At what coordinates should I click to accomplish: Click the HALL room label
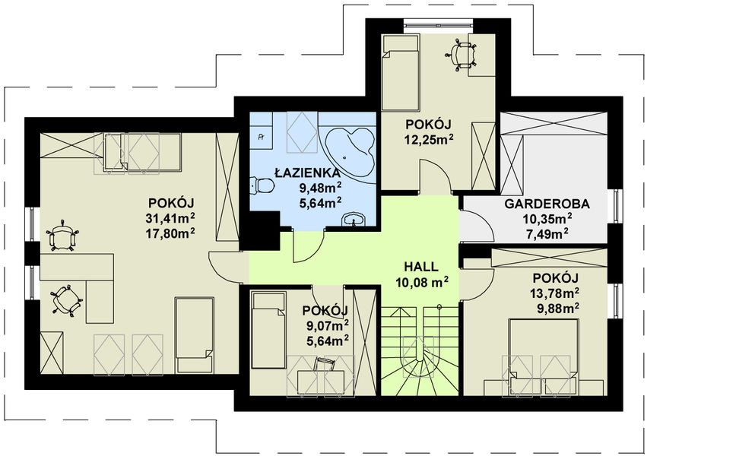click(x=421, y=267)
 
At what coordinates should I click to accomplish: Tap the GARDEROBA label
click(x=547, y=204)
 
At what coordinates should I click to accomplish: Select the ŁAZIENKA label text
click(x=307, y=173)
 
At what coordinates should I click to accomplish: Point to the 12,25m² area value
click(x=429, y=139)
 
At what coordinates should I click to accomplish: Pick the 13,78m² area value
click(x=554, y=293)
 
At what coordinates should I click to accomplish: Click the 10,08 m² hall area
click(x=421, y=281)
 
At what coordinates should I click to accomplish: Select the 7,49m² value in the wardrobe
click(x=547, y=233)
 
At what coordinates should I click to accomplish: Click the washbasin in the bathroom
click(x=353, y=220)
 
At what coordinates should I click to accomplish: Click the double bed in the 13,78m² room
click(x=544, y=356)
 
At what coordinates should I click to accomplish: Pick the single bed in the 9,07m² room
click(x=268, y=331)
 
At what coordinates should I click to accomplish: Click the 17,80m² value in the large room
click(x=171, y=233)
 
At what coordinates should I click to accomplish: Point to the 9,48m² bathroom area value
click(x=321, y=188)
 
